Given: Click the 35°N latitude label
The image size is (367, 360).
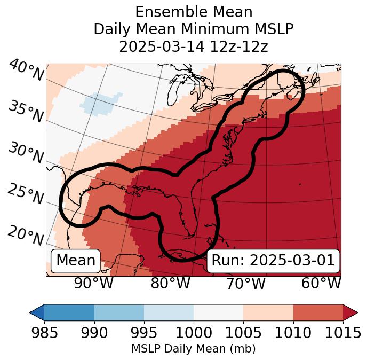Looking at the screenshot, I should tap(25, 112).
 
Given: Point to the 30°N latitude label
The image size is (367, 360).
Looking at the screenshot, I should tap(25, 154).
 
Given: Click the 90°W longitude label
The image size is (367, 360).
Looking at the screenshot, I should tap(94, 283).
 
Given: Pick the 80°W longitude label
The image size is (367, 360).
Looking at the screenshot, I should tap(170, 283).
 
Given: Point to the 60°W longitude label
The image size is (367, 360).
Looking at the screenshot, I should tap(321, 283).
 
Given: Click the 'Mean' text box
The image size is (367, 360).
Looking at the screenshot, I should tap(76, 261).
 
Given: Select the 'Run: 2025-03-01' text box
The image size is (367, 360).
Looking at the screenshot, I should tap(273, 261).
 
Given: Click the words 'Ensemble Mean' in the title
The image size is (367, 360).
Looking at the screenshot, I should tap(194, 12).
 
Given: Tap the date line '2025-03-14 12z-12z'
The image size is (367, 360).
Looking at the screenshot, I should tap(194, 46).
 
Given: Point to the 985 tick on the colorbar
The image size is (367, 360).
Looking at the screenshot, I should tap(44, 333).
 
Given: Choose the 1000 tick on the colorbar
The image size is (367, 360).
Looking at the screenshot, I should tap(193, 333).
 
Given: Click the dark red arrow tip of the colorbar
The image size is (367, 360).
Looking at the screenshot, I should tap(350, 312).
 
